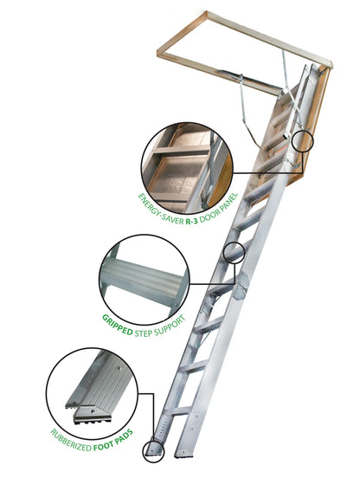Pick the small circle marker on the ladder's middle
[x=234, y=252]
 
